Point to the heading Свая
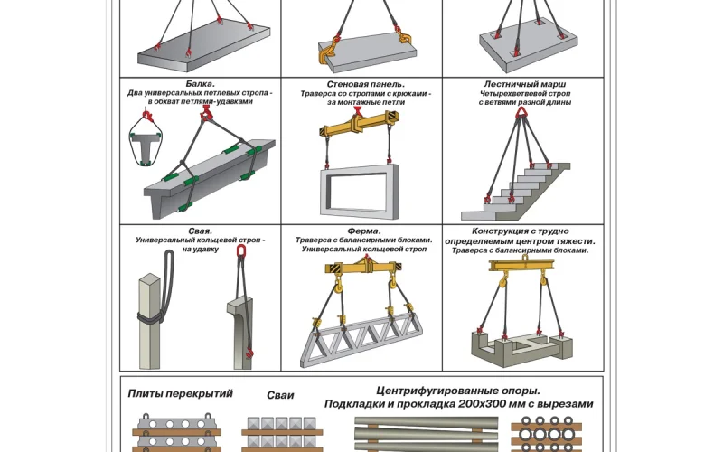pos(200,231)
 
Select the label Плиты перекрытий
pos(180,393)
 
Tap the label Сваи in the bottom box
pos(280,395)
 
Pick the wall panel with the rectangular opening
pos(360,189)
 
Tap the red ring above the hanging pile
pos(241,252)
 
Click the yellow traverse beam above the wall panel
pos(360,131)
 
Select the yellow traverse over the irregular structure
pos(526,266)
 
